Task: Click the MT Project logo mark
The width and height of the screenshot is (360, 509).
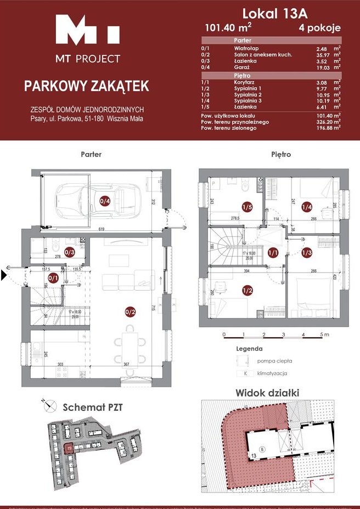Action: (88, 31)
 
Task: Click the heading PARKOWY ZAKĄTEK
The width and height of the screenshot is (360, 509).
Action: (86, 86)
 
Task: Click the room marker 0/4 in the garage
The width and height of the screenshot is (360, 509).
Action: (104, 201)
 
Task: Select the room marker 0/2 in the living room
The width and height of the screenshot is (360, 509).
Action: (130, 313)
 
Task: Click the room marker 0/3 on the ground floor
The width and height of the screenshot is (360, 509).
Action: (70, 252)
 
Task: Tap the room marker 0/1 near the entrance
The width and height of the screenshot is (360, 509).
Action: (53, 278)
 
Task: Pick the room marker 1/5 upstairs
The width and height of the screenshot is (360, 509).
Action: (247, 207)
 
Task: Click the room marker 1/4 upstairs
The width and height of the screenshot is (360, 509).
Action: (306, 207)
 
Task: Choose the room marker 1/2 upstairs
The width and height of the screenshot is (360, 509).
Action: (248, 290)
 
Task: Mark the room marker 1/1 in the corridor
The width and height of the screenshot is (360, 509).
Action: (273, 252)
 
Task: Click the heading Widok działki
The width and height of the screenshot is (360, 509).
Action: (267, 393)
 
